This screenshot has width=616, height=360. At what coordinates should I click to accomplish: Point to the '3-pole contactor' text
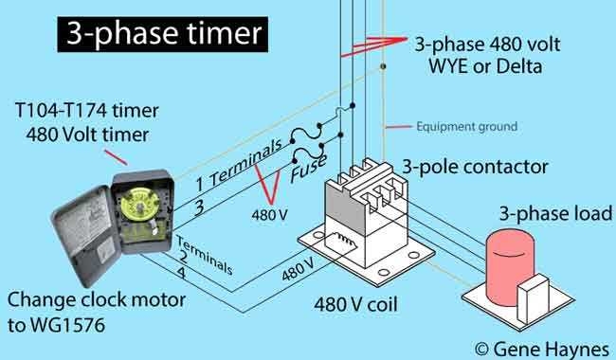473,168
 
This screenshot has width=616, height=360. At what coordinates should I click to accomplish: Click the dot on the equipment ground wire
383,67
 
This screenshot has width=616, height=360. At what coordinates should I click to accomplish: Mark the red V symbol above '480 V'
273,189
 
